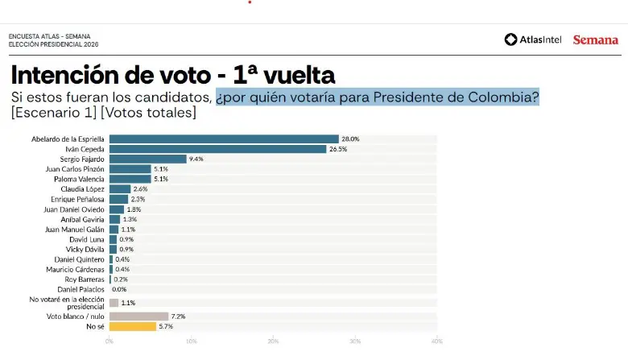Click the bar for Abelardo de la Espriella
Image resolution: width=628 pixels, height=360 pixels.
click(224, 139)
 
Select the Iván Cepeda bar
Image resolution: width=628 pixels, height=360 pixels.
click(217, 149)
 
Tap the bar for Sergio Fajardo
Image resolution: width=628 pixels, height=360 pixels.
click(147, 159)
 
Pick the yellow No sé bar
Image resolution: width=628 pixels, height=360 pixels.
click(132, 326)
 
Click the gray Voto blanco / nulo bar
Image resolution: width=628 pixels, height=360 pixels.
click(138, 317)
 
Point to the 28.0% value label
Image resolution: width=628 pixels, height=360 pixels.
click(350, 139)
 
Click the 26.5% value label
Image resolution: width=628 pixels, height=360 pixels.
click(338, 149)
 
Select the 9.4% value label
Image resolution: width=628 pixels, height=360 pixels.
click(196, 159)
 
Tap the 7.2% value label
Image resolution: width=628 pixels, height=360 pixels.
click(178, 317)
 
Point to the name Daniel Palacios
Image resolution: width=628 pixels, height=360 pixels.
click(81, 289)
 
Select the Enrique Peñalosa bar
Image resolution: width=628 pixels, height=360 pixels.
click(118, 199)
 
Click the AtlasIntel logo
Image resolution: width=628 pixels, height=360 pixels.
click(534, 39)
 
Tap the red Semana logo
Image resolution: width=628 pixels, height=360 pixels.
click(595, 39)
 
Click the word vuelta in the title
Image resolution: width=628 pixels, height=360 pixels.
click(297, 77)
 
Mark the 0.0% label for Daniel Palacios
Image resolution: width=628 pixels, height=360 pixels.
click(119, 289)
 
